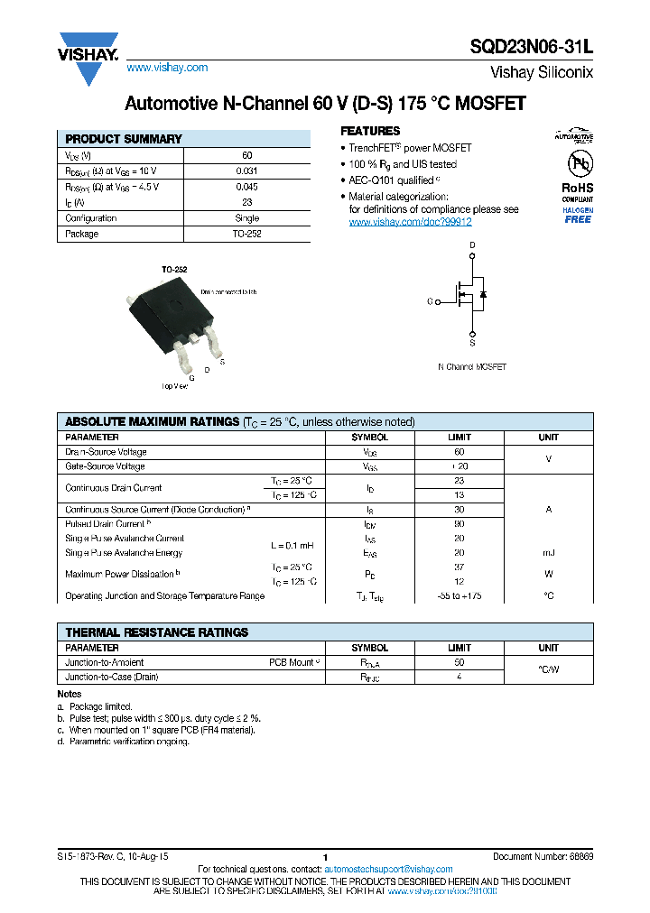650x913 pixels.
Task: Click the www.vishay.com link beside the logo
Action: (x=167, y=68)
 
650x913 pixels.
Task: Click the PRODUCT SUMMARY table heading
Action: (x=124, y=139)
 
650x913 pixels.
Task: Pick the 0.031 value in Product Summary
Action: (x=246, y=171)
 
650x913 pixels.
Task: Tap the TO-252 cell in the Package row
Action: (x=246, y=234)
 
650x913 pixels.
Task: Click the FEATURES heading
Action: (x=369, y=131)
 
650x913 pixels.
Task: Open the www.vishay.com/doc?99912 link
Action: (x=410, y=222)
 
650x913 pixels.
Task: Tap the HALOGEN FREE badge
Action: (x=578, y=216)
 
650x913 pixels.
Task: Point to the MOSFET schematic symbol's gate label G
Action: (x=430, y=302)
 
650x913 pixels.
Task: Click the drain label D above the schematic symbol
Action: (x=471, y=245)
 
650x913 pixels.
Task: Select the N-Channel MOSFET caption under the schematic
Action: (x=471, y=367)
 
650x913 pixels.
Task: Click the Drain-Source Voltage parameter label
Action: (x=106, y=452)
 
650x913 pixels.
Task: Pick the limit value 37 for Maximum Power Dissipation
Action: (x=459, y=567)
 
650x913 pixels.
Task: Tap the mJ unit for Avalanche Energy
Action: (x=548, y=553)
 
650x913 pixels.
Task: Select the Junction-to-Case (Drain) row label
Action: (x=112, y=677)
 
